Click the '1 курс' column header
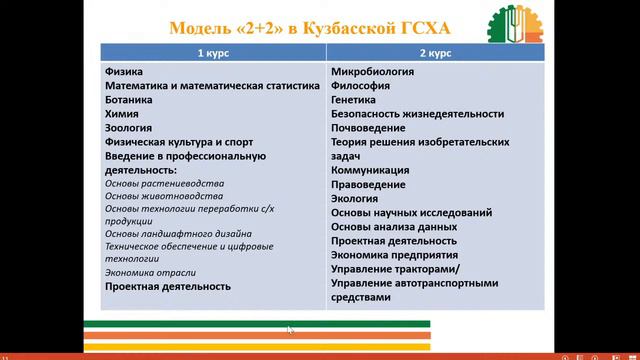pyautogui.click(x=213, y=51)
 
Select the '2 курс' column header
pyautogui.click(x=436, y=51)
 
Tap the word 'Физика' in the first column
pyautogui.click(x=123, y=72)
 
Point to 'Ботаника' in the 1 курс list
pyautogui.click(x=129, y=100)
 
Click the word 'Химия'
pyautogui.click(x=121, y=114)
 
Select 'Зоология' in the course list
pyautogui.click(x=128, y=128)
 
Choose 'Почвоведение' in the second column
pyautogui.click(x=368, y=128)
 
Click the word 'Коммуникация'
pyautogui.click(x=370, y=170)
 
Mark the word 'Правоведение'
pyautogui.click(x=368, y=184)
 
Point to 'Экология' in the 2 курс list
pyautogui.click(x=355, y=198)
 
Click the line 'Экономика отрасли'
pyautogui.click(x=150, y=272)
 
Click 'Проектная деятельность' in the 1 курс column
pyautogui.click(x=167, y=286)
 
